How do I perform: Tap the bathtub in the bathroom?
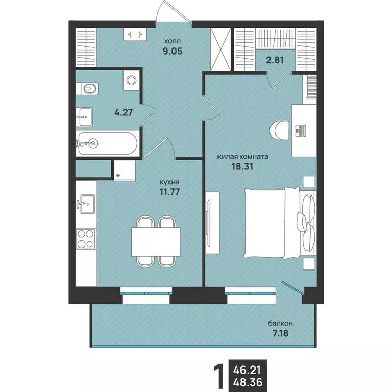click(108, 143)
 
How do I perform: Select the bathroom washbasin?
click(84, 117)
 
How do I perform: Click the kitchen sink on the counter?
click(85, 204)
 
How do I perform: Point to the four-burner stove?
click(86, 239)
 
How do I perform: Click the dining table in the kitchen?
click(156, 242)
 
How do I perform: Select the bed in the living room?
click(281, 223)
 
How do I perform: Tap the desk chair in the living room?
click(280, 131)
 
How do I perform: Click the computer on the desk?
click(301, 131)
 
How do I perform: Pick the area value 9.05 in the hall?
click(173, 51)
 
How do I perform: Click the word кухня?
click(170, 182)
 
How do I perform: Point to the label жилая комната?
click(242, 157)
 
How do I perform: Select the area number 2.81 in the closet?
click(275, 60)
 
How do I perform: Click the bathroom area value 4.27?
click(123, 112)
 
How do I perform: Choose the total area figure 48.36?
click(248, 382)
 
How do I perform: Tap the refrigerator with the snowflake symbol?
click(125, 170)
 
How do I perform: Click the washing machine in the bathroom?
click(131, 80)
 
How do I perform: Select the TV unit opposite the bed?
click(212, 223)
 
